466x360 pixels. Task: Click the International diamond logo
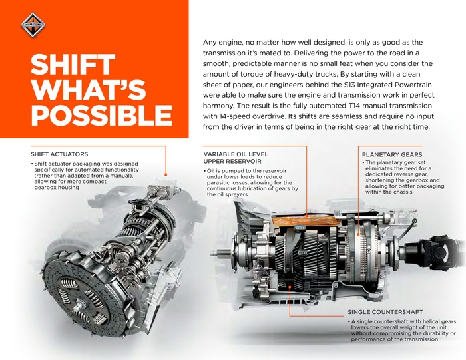click(33, 25)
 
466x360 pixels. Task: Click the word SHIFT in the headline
click(73, 65)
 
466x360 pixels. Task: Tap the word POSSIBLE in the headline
click(101, 115)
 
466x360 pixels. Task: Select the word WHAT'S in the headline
click(89, 90)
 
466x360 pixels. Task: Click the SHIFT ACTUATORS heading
click(59, 154)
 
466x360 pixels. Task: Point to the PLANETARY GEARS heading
click(392, 154)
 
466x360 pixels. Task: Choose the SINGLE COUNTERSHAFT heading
click(385, 312)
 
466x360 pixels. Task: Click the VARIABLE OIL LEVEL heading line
click(236, 154)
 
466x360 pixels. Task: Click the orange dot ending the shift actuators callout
click(166, 174)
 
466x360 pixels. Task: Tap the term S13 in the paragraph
click(349, 85)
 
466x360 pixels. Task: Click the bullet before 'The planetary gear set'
click(363, 162)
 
